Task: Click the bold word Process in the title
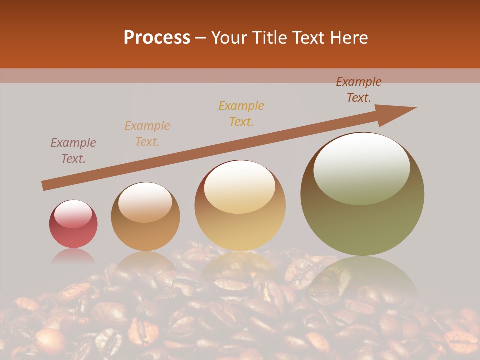(x=157, y=38)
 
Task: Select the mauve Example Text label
(x=73, y=151)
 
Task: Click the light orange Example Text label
(x=147, y=134)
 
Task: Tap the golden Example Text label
(x=241, y=114)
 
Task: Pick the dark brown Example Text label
(x=359, y=90)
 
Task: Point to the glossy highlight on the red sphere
(x=73, y=214)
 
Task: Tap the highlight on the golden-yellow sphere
(x=240, y=187)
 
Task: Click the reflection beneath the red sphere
(x=73, y=257)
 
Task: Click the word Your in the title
(x=229, y=38)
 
